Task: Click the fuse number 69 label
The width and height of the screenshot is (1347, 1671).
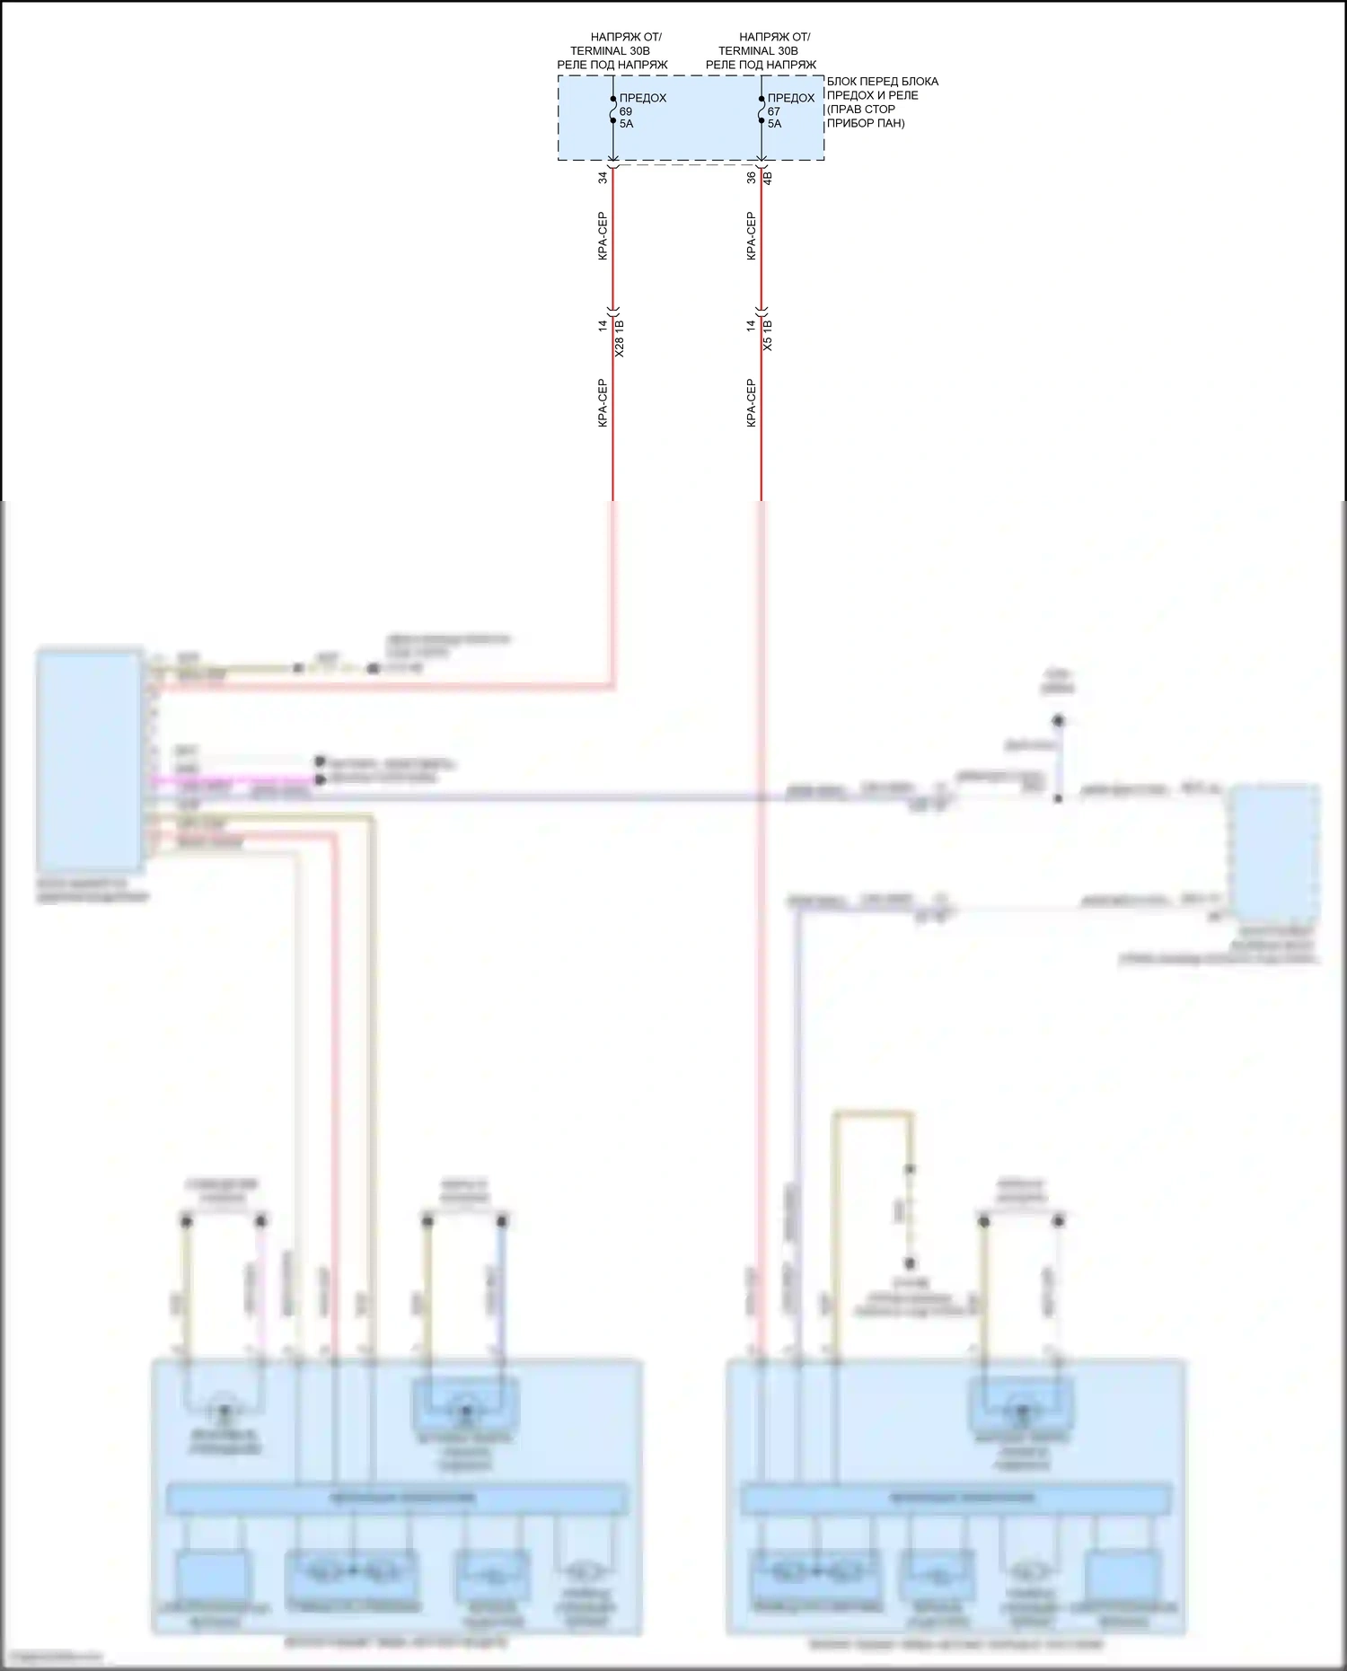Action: [x=626, y=111]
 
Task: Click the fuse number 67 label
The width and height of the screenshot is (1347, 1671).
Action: [x=774, y=111]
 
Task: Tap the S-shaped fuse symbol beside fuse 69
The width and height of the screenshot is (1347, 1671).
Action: [x=612, y=111]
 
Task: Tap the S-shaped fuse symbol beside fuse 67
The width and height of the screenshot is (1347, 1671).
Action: [x=762, y=111]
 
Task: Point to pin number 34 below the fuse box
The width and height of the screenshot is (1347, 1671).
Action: [x=603, y=178]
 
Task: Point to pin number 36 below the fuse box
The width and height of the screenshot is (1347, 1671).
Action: [x=752, y=178]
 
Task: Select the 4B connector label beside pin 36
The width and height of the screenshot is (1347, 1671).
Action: [x=767, y=178]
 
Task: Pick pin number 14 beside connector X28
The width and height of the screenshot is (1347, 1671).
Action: [x=603, y=325]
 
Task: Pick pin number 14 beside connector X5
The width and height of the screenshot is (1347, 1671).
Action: [x=752, y=325]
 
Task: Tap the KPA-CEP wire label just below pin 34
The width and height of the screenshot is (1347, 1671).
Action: [x=603, y=236]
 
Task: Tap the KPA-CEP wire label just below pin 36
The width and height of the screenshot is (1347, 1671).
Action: [x=752, y=236]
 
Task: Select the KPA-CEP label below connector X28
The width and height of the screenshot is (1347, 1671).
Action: [x=603, y=402]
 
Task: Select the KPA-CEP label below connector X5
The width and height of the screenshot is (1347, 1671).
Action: [x=752, y=402]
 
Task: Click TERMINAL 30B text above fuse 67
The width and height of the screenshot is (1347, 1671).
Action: [x=758, y=51]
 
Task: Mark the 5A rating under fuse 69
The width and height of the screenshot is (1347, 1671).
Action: [x=626, y=124]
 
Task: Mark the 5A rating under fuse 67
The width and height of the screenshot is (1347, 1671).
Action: [x=774, y=124]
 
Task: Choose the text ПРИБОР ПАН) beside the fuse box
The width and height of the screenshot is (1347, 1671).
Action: [x=866, y=123]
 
